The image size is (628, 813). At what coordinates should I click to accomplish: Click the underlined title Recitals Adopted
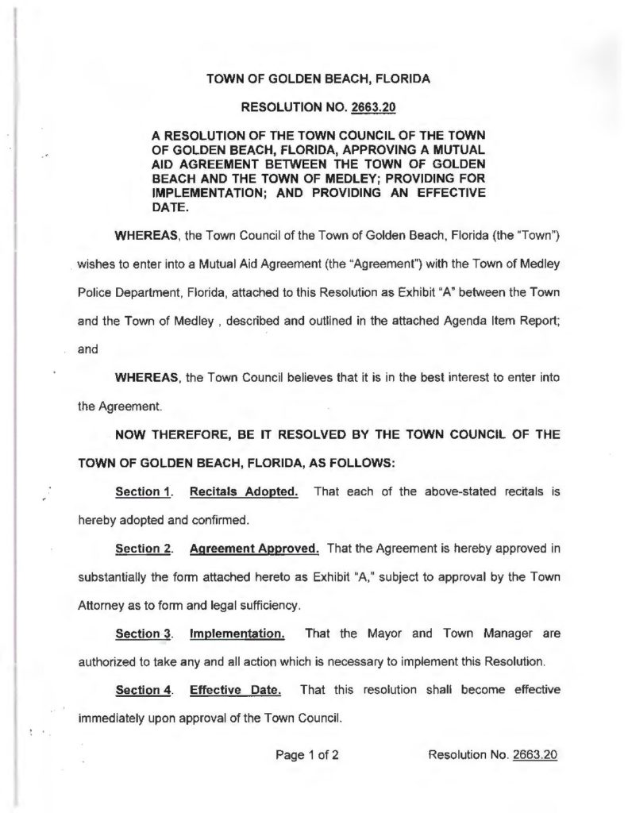pyautogui.click(x=243, y=491)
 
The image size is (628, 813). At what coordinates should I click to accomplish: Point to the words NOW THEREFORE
pyautogui.click(x=168, y=436)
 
